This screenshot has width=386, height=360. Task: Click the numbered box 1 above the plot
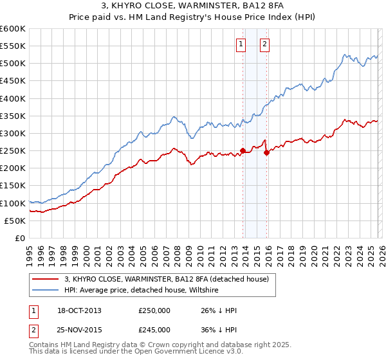pyautogui.click(x=241, y=44)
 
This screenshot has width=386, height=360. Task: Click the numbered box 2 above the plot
pyautogui.click(x=264, y=44)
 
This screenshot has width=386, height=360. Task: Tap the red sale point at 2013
pyautogui.click(x=243, y=151)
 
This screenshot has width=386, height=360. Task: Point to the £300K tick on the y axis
pyautogui.click(x=13, y=133)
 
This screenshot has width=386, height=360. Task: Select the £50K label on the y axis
pyautogui.click(x=15, y=221)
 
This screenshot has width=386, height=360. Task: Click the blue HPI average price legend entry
pyautogui.click(x=142, y=290)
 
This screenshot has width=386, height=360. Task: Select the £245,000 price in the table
pyautogui.click(x=154, y=329)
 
